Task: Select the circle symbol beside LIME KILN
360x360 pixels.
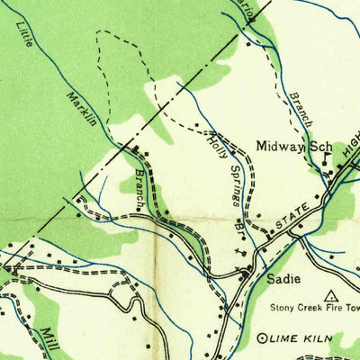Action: coord(262,338)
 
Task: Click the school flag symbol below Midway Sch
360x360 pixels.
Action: coord(325,159)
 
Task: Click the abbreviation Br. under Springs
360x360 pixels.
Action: coord(240,230)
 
